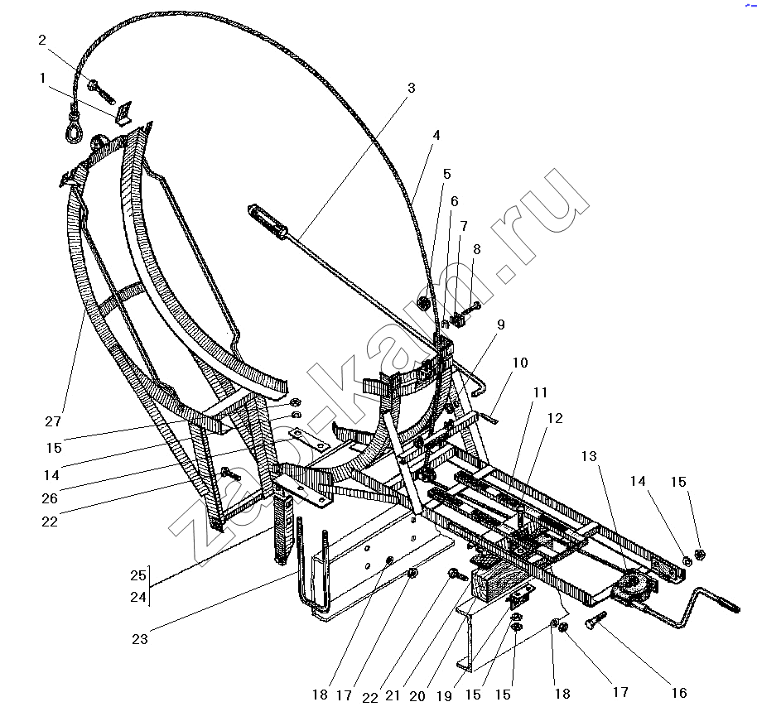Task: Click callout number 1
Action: pos(43,78)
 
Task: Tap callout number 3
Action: pos(412,88)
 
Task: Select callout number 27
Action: pos(53,421)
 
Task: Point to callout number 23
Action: pos(140,639)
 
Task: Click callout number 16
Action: pos(679,693)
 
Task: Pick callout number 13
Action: pos(589,456)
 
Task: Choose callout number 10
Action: pos(520,363)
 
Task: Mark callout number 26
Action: pos(50,498)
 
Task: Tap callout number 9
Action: pos(500,325)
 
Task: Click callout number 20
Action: pos(417,695)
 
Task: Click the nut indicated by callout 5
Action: pos(423,304)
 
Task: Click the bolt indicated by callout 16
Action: pos(595,619)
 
